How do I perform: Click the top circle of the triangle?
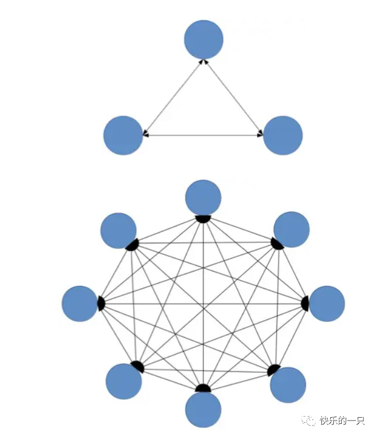[x=204, y=39]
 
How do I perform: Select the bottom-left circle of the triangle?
[x=123, y=135]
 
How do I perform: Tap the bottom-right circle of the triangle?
[x=283, y=135]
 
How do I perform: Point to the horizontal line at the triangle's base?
[x=202, y=135]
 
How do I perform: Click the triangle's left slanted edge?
[x=174, y=96]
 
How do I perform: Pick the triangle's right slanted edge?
[x=233, y=97]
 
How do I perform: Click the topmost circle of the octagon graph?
[x=203, y=197]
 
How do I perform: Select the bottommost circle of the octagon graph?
[x=203, y=410]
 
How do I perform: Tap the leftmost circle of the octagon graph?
[x=80, y=303]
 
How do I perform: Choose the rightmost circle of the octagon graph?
[x=327, y=303]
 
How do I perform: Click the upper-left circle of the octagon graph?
[x=118, y=230]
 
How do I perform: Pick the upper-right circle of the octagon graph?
[x=291, y=229]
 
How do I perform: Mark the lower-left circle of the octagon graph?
[x=123, y=381]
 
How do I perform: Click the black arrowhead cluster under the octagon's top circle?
[x=203, y=219]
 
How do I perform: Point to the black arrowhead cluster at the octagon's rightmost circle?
[x=305, y=303]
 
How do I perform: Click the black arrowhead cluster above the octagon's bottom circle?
[x=203, y=389]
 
